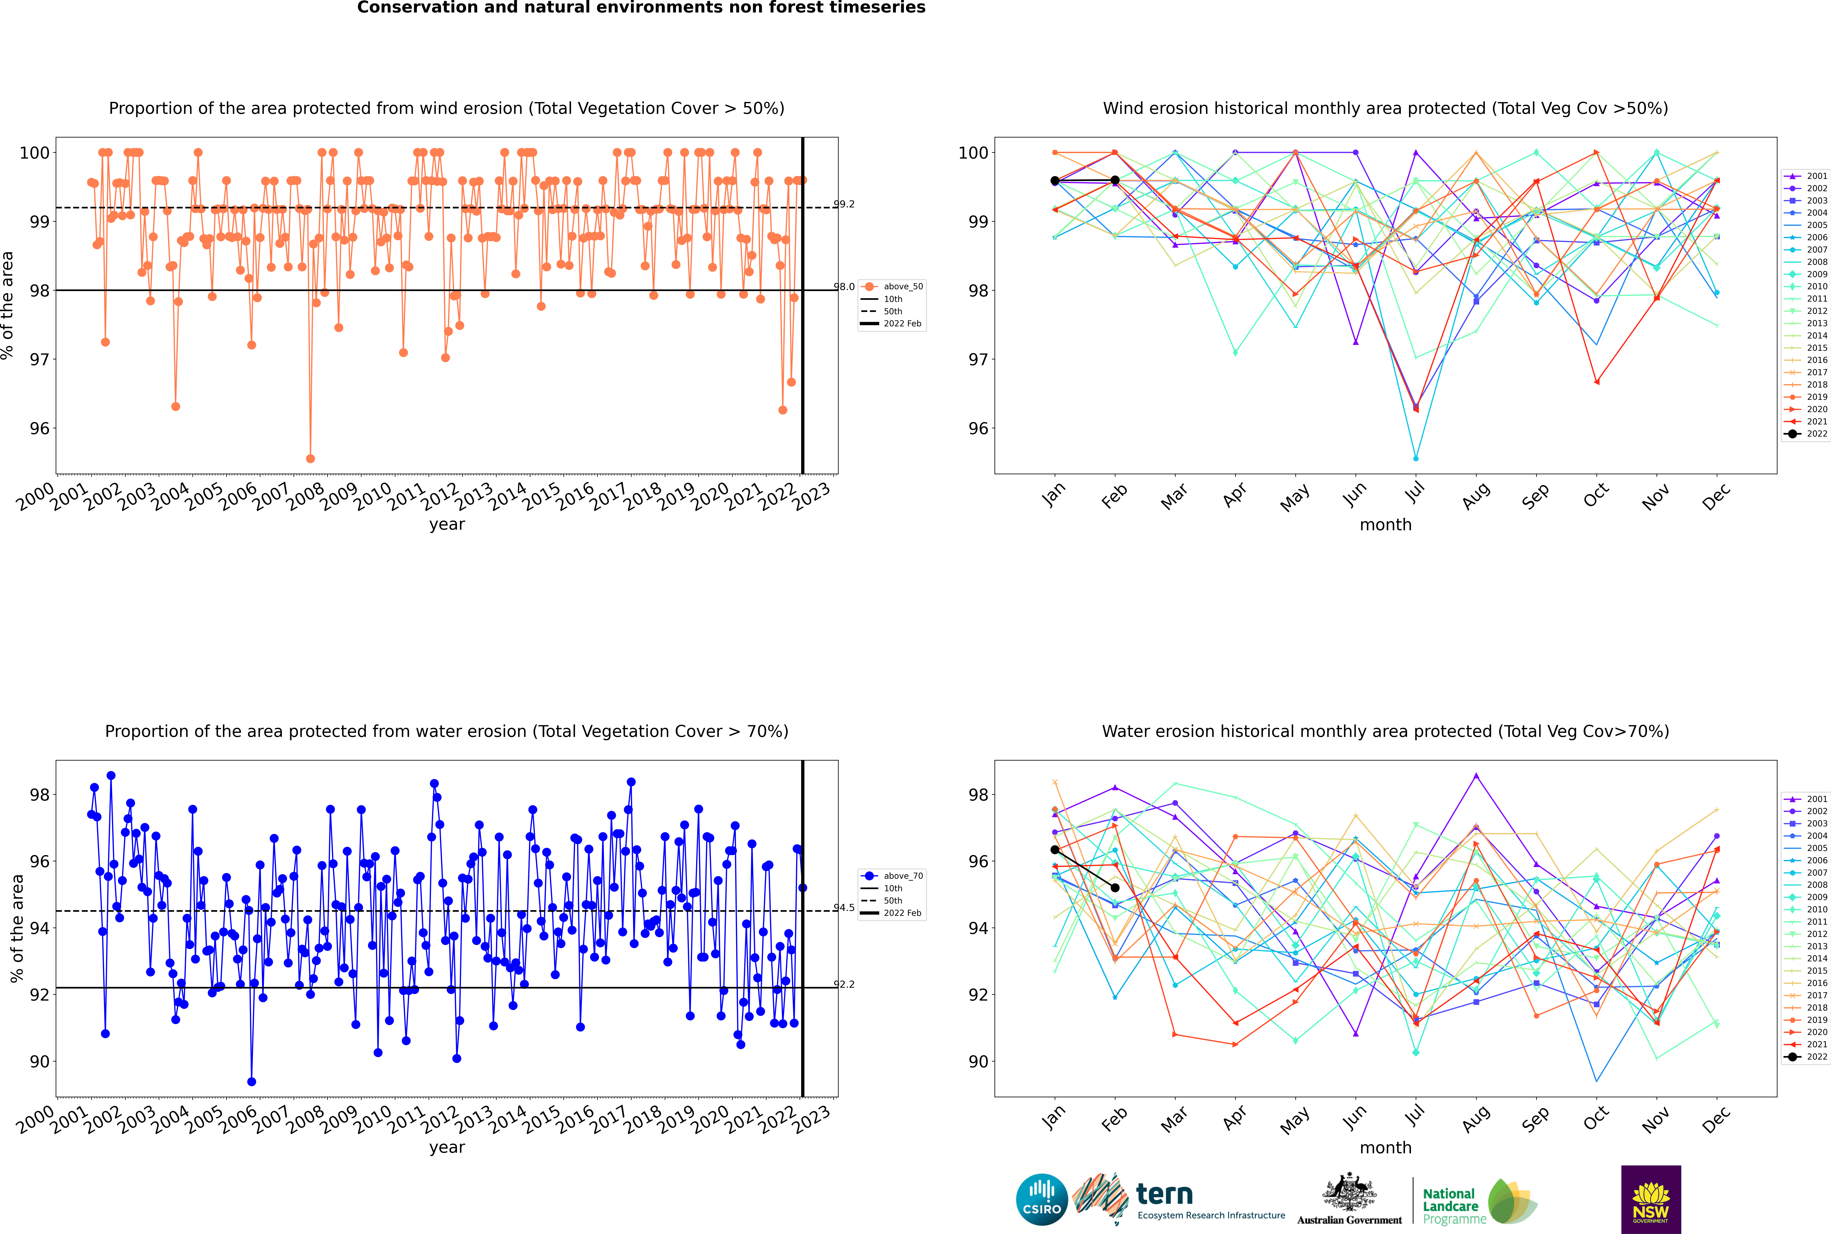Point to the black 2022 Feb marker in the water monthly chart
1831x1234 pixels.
[x=1115, y=888]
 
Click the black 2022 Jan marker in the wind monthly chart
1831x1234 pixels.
[x=1055, y=181]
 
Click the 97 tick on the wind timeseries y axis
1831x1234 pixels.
[x=39, y=360]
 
